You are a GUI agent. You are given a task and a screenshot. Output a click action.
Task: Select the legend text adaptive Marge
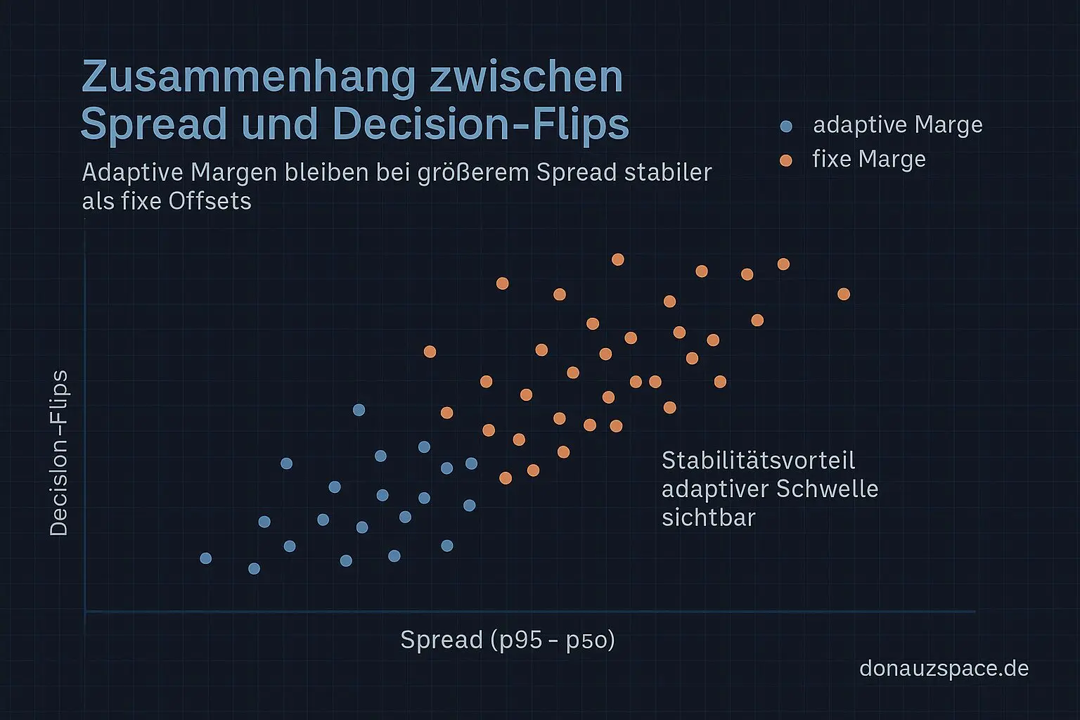click(x=897, y=125)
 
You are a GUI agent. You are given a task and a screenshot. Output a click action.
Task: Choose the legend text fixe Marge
click(x=868, y=160)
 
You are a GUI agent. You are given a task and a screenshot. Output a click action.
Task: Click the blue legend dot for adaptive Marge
click(x=786, y=127)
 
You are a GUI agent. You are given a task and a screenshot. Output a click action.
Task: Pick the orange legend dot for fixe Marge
click(x=786, y=161)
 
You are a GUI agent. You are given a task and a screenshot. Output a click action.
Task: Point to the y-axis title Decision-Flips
click(x=59, y=453)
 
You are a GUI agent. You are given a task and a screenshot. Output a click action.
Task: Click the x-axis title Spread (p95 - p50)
click(x=507, y=640)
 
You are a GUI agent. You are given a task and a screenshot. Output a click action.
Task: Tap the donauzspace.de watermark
click(x=944, y=668)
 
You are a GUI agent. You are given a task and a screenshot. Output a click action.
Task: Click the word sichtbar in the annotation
click(x=708, y=517)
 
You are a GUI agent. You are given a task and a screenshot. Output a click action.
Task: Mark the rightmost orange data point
click(x=844, y=294)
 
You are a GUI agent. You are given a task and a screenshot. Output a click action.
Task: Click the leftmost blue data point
click(x=206, y=558)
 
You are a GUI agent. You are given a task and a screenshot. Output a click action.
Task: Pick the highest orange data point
click(x=618, y=259)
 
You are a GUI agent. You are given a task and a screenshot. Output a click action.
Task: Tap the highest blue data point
click(x=359, y=410)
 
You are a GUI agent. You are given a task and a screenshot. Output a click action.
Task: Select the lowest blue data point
click(x=255, y=568)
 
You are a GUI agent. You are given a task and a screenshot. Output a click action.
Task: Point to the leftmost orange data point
click(x=430, y=352)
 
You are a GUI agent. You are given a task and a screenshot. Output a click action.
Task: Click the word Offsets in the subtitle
click(x=210, y=201)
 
